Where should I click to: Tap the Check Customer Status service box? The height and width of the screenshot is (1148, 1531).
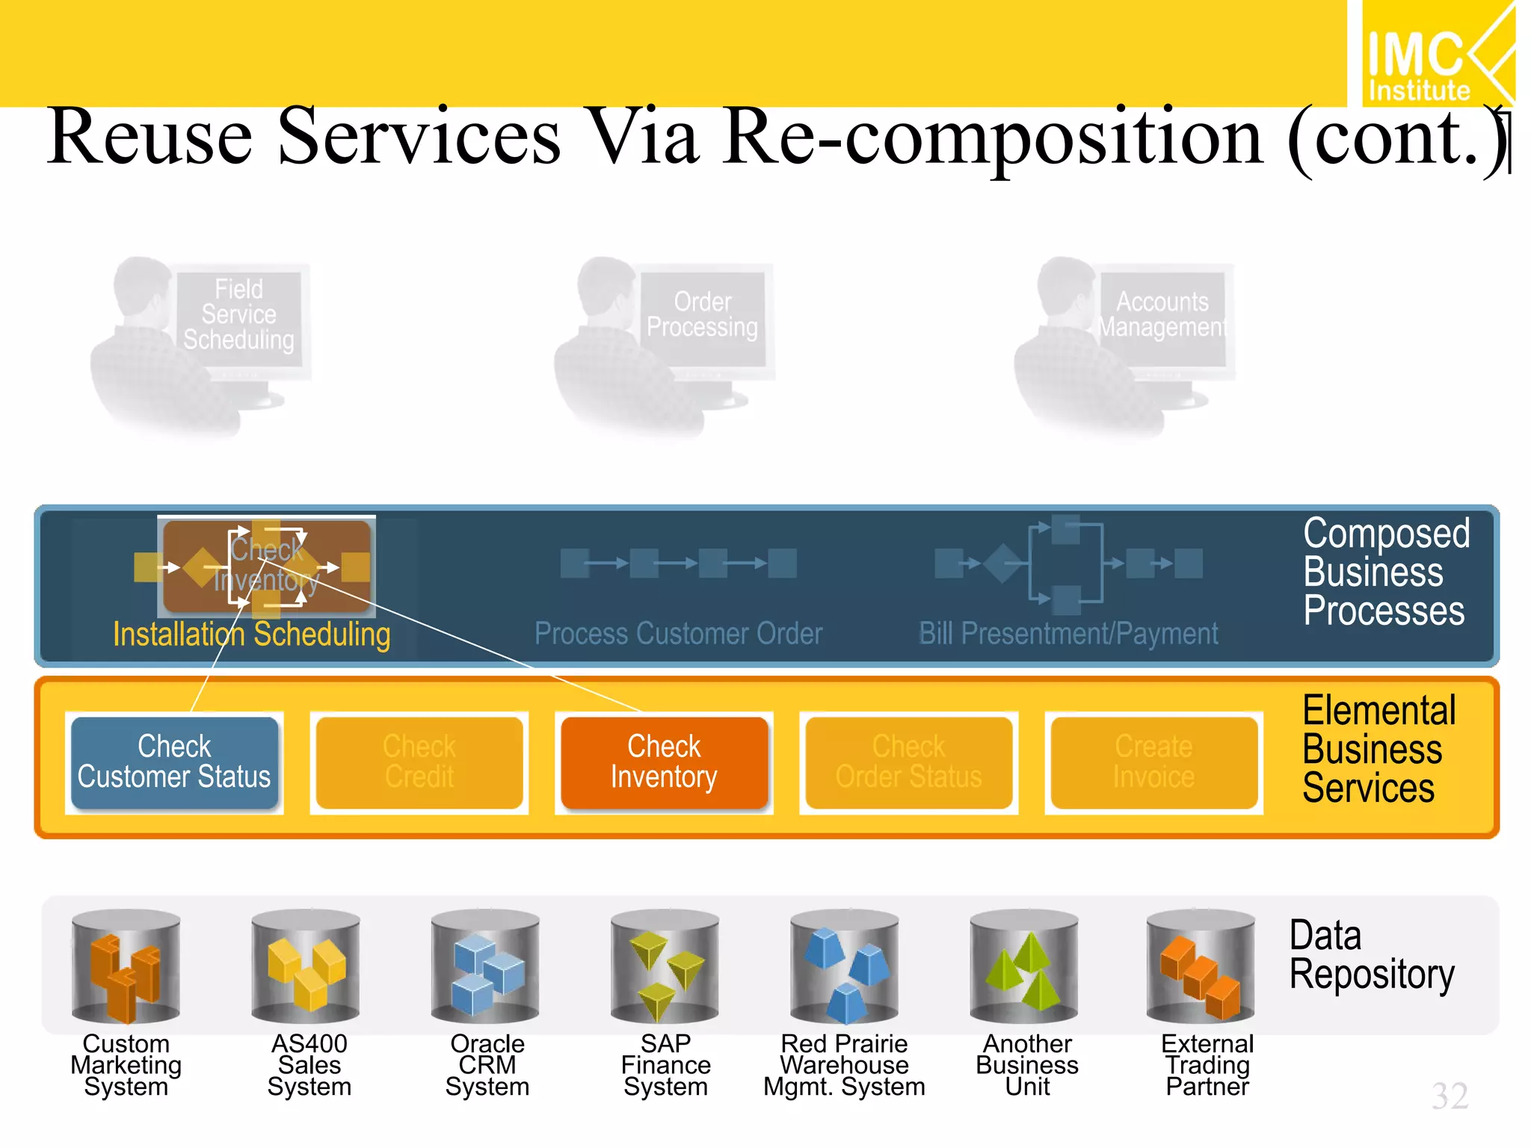coord(174,762)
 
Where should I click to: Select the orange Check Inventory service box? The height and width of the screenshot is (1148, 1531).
coord(665,762)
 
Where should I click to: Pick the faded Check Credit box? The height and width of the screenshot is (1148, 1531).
coord(419,762)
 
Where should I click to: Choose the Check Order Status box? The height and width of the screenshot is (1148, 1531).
coord(909,762)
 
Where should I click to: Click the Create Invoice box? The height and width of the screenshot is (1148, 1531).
coord(1154,762)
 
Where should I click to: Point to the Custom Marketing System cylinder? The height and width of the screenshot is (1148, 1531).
coord(126,966)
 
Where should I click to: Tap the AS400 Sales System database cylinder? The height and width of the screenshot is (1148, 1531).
coord(306,966)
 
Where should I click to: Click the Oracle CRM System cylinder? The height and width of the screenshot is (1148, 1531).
coord(485,966)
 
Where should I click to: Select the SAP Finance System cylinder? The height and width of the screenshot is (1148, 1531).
coord(665,966)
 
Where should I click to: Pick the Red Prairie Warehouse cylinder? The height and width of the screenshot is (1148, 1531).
coord(845,966)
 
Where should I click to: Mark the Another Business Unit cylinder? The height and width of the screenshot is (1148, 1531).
coord(1024,966)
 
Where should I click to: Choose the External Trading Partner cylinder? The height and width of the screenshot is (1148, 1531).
coord(1201,966)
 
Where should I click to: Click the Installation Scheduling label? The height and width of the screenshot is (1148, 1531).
coord(252,635)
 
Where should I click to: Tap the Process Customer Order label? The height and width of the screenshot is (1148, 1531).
coord(678,634)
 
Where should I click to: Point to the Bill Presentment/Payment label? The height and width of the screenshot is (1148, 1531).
coord(1068,634)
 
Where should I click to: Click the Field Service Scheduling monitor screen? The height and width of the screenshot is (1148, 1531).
coord(239,315)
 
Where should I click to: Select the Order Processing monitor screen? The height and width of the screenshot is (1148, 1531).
coord(703,315)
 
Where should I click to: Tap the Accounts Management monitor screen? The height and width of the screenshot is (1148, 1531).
coord(1162,315)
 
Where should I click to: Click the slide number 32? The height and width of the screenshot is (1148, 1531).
coord(1450,1096)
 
